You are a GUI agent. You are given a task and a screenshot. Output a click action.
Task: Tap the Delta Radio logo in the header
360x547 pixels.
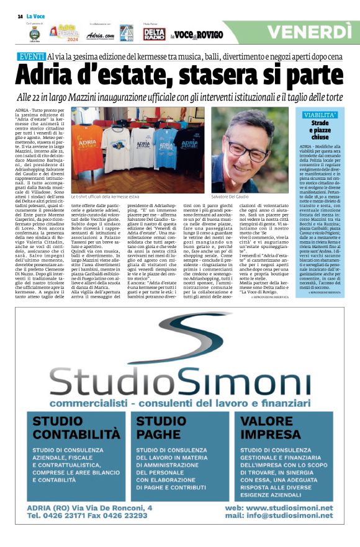(154, 34)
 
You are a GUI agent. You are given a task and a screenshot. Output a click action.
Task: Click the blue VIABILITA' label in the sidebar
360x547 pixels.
(320, 115)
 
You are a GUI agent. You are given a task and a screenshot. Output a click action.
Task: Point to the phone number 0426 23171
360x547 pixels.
(66, 515)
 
